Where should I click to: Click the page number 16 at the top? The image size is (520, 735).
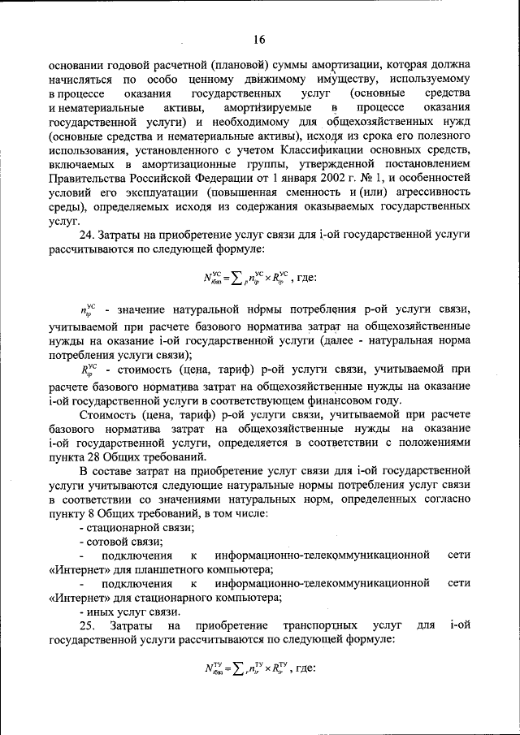pyautogui.click(x=260, y=39)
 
